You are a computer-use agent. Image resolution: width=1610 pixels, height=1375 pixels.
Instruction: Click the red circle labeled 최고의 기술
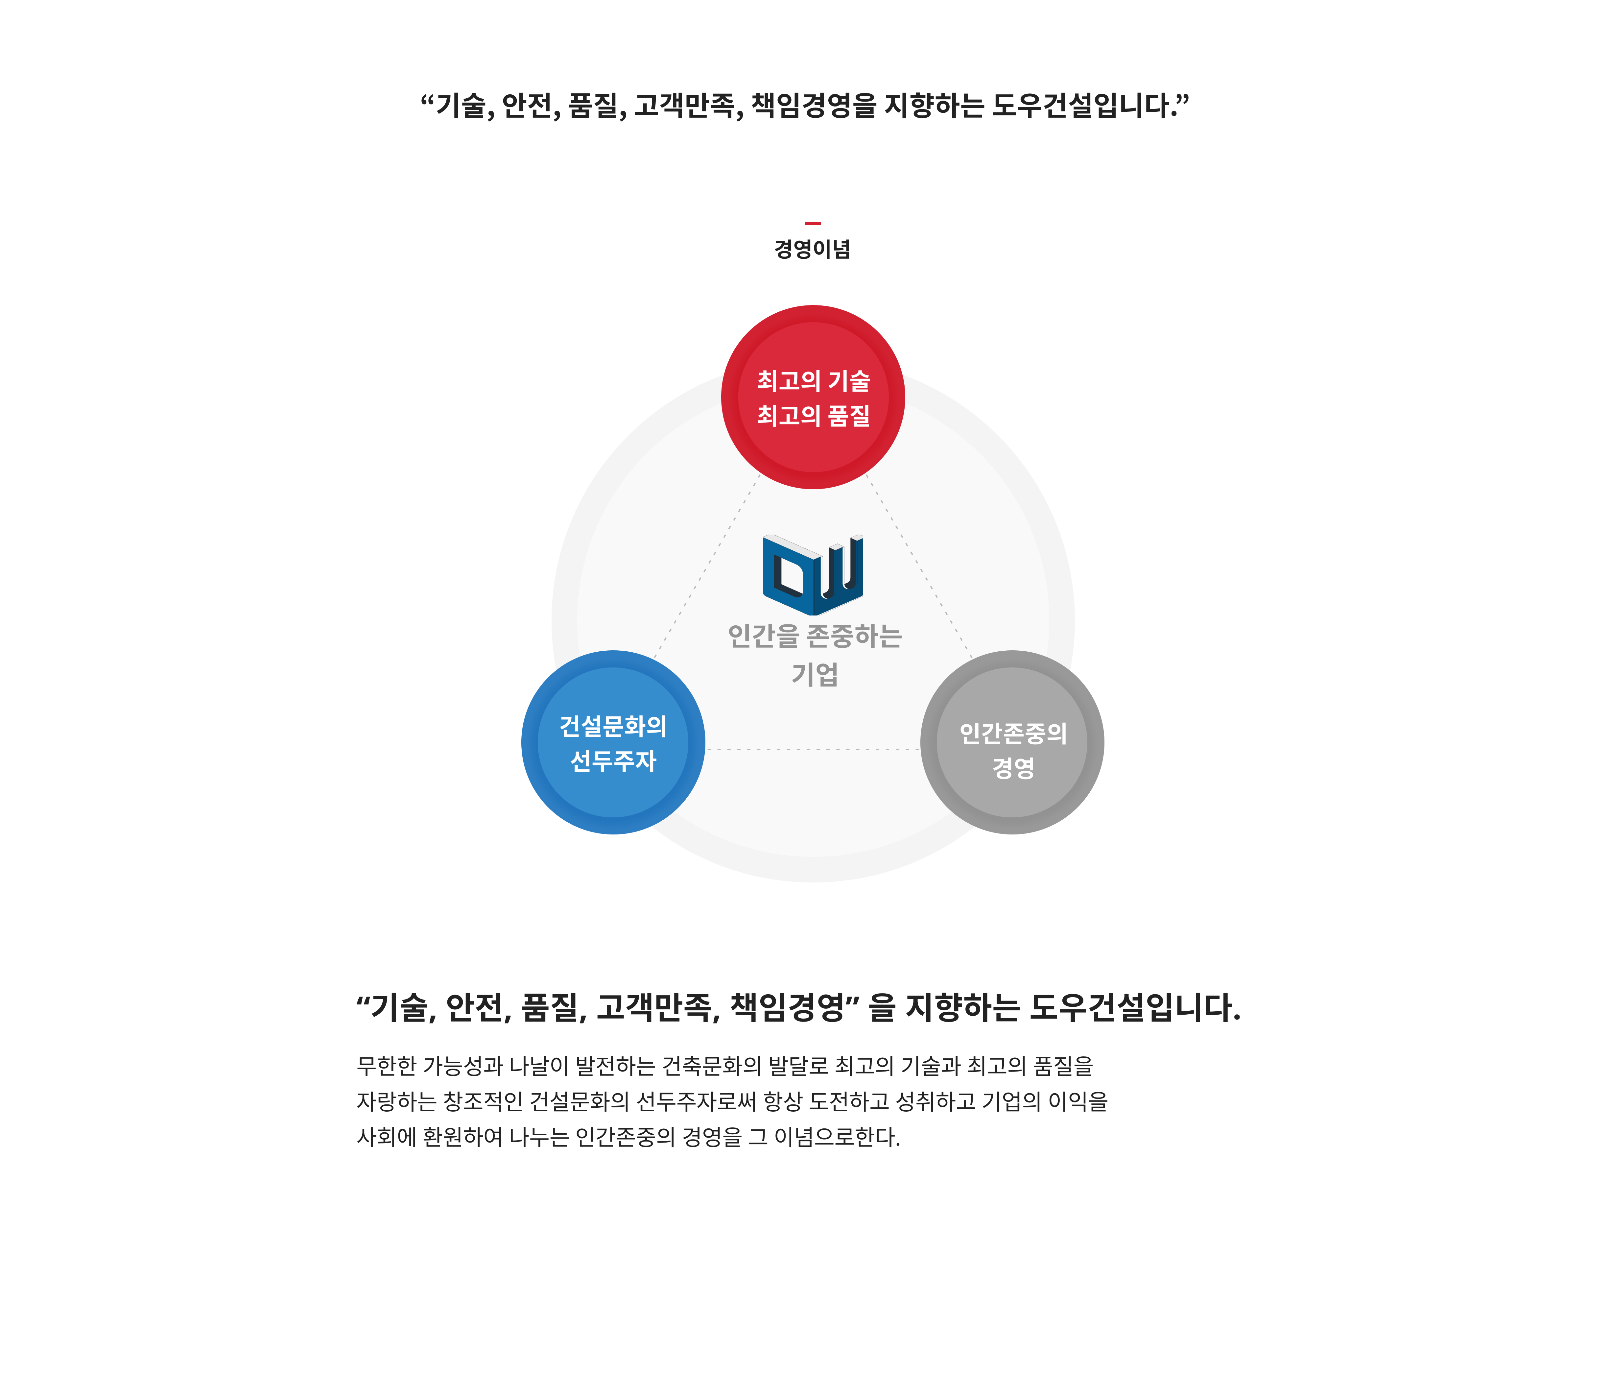point(813,397)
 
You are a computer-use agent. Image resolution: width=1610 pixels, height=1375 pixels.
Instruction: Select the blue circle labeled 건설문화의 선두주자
point(613,742)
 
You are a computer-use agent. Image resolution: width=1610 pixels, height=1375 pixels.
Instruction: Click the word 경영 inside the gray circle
point(1013,768)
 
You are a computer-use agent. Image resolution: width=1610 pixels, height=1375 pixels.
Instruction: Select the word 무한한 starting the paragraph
point(387,1066)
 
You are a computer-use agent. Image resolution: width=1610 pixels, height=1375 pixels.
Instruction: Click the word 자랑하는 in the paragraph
point(396,1101)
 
